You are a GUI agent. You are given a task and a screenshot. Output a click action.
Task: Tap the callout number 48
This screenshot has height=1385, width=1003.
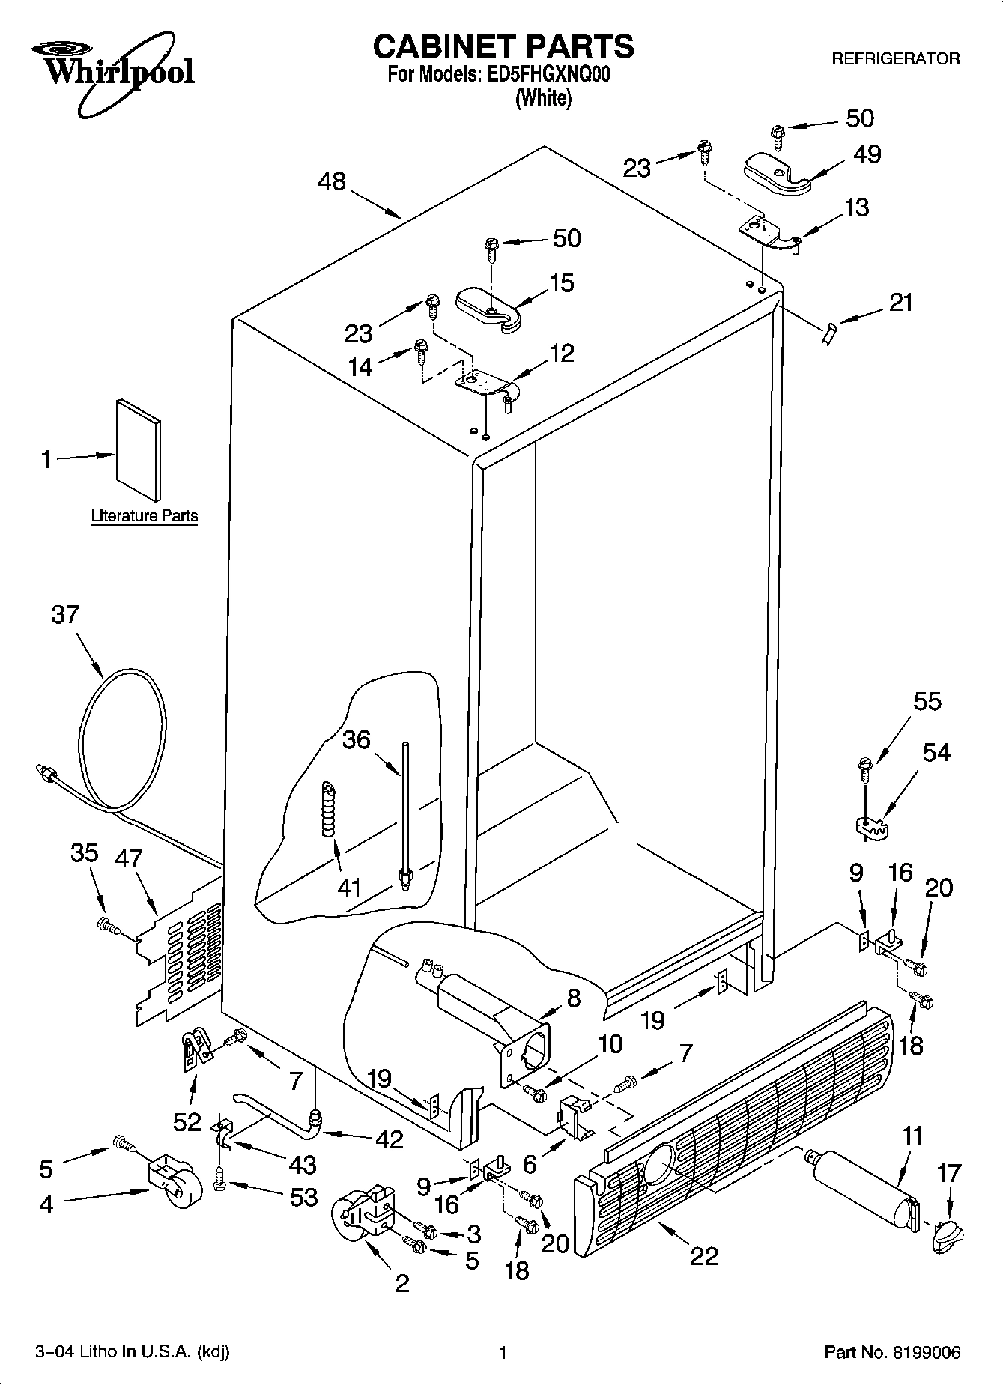pyautogui.click(x=332, y=181)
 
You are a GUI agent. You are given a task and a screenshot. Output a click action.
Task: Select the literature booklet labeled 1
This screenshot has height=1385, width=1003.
pyautogui.click(x=138, y=449)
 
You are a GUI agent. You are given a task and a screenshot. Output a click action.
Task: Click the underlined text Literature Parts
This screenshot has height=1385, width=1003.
pyautogui.click(x=145, y=515)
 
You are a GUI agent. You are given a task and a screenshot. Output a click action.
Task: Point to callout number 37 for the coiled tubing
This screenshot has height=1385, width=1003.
pyautogui.click(x=65, y=614)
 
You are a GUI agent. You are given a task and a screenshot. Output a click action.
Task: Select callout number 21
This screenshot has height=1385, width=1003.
pyautogui.click(x=901, y=303)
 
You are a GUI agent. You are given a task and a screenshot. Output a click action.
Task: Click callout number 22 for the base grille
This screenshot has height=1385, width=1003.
pyautogui.click(x=704, y=1255)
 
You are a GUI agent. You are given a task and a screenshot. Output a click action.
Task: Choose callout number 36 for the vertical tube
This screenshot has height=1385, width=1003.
pyautogui.click(x=356, y=739)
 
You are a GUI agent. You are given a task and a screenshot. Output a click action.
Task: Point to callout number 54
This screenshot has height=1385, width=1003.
pyautogui.click(x=936, y=752)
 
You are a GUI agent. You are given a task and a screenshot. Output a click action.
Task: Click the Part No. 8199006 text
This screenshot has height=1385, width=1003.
pyautogui.click(x=891, y=1352)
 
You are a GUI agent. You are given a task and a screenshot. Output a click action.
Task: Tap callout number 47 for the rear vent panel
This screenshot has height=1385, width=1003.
pyautogui.click(x=128, y=858)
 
